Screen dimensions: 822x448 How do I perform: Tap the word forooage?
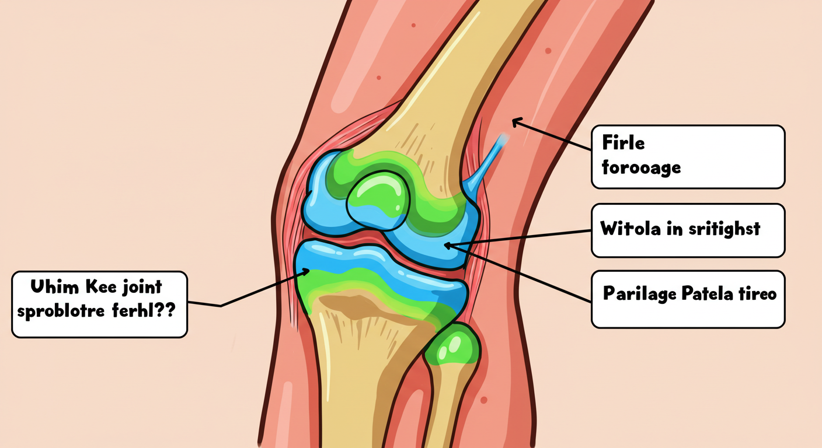point(641,168)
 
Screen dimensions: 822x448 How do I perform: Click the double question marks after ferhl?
point(168,310)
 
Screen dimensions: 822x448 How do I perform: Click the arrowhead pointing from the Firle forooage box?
point(515,122)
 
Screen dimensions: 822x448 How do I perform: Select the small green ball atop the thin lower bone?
point(452,350)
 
